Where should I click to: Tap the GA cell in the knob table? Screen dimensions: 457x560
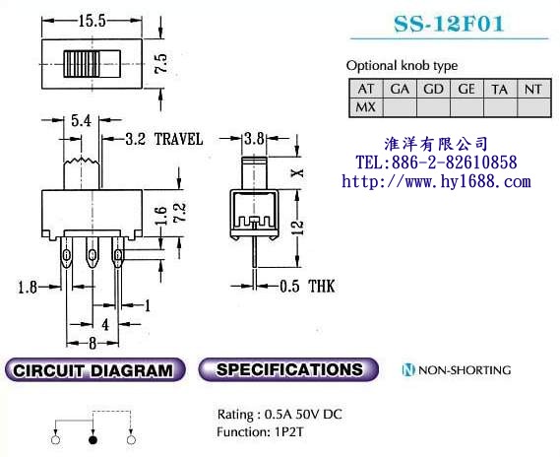pyautogui.click(x=400, y=89)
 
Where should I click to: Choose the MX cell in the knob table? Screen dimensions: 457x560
pyautogui.click(x=365, y=106)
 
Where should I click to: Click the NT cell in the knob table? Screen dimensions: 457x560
pyautogui.click(x=533, y=89)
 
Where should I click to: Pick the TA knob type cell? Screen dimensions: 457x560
pyautogui.click(x=500, y=89)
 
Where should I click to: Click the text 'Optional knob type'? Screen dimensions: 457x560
pyautogui.click(x=402, y=65)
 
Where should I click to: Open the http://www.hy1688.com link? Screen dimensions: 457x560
pyautogui.click(x=435, y=181)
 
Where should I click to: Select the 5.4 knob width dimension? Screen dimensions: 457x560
pyautogui.click(x=83, y=121)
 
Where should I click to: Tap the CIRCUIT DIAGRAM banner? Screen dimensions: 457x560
pyautogui.click(x=95, y=370)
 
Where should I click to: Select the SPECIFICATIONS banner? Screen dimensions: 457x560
pyautogui.click(x=289, y=370)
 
